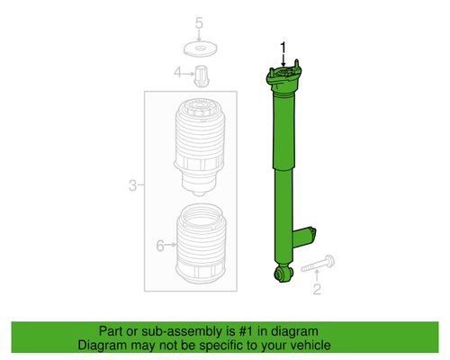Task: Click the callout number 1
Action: [286, 46]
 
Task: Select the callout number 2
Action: [316, 289]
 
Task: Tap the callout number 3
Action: [132, 186]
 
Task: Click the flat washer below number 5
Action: [201, 47]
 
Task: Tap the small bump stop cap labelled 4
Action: [202, 73]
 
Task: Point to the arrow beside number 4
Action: [188, 73]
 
